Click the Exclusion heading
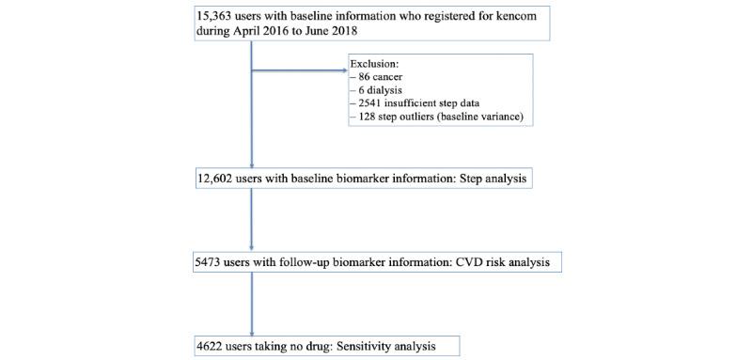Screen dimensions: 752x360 coord(376,65)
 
